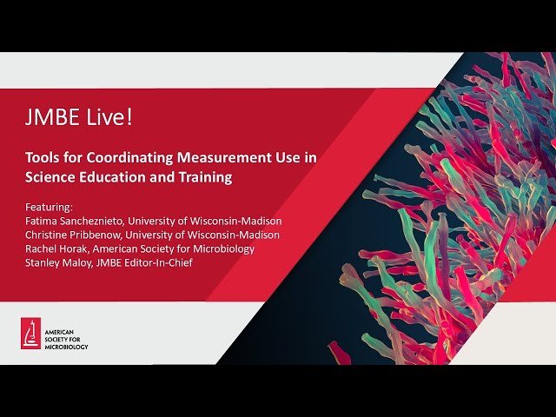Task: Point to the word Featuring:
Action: pyautogui.click(x=50, y=208)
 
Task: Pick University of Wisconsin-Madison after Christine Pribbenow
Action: pyautogui.click(x=212, y=235)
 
